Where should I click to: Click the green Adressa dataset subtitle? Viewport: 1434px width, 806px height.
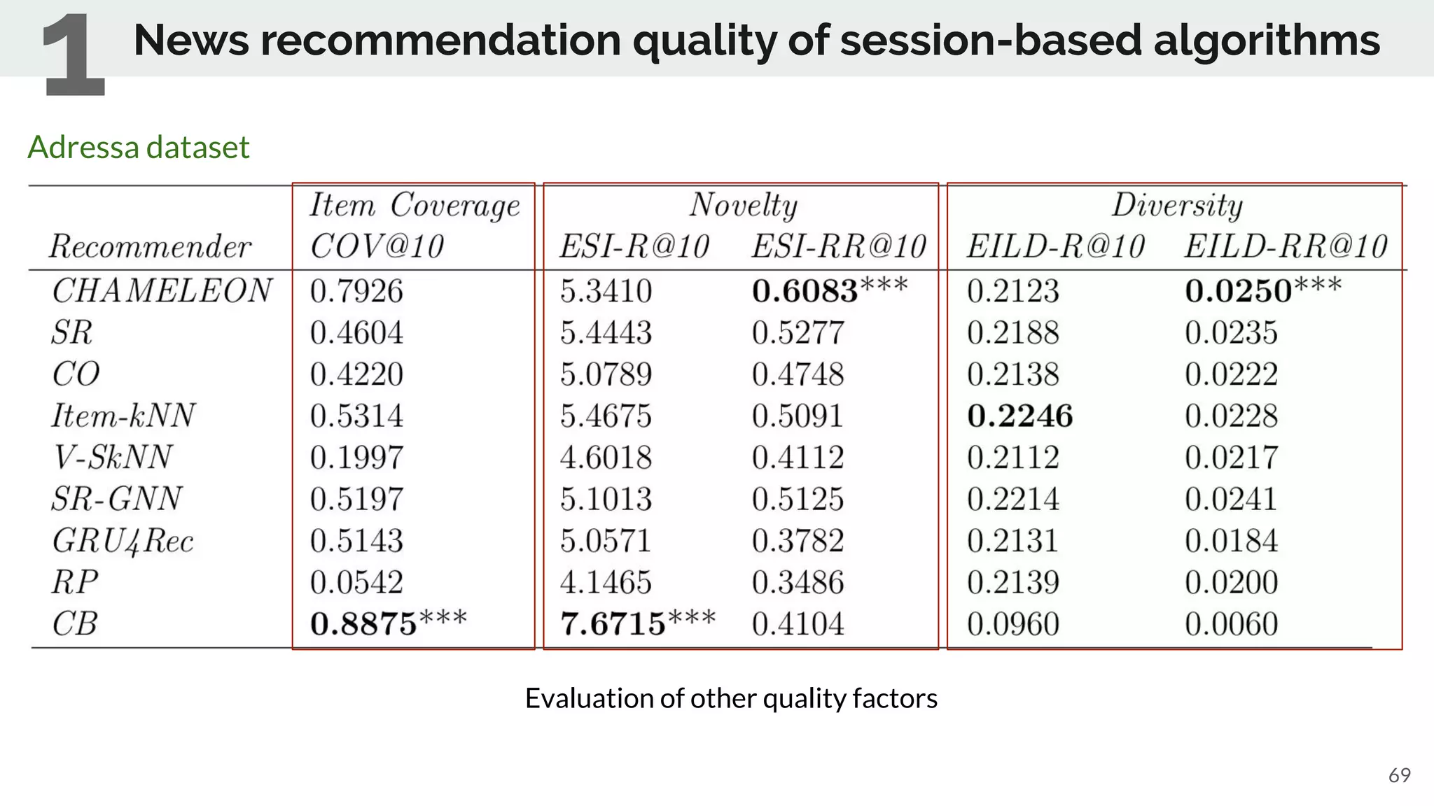point(139,147)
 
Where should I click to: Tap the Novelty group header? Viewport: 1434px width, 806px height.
point(743,205)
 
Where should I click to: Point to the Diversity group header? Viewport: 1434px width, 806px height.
point(1177,205)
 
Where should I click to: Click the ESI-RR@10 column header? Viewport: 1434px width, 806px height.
point(839,246)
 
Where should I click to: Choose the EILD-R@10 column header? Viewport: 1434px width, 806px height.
point(1055,246)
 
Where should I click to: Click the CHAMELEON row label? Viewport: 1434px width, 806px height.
point(162,290)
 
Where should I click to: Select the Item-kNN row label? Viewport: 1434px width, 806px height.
point(123,416)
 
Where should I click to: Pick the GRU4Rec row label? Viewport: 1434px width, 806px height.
point(123,541)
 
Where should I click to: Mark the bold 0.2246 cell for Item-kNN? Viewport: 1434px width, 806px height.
point(1019,416)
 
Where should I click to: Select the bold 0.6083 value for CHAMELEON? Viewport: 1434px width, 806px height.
point(805,291)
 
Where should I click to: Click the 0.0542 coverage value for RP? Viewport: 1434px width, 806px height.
point(356,582)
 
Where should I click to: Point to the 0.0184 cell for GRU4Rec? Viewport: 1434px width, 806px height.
point(1231,541)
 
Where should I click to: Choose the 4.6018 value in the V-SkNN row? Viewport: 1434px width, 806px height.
point(606,458)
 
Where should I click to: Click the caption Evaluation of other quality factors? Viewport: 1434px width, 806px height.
point(731,698)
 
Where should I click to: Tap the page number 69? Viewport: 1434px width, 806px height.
point(1399,775)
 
